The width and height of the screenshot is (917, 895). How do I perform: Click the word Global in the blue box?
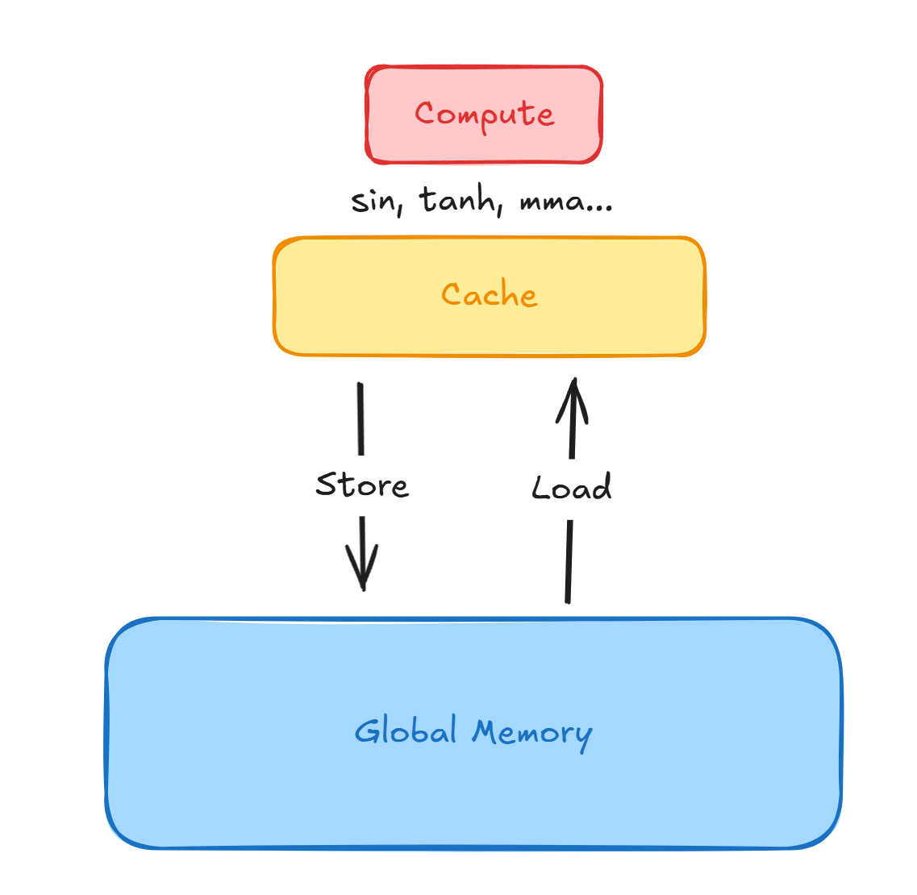tap(406, 731)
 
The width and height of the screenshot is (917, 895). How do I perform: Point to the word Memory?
tap(532, 733)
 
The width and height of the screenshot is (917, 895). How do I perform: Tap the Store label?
tap(362, 485)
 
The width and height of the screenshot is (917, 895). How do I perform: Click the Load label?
tap(572, 488)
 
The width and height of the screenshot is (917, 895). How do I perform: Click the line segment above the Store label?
tap(361, 418)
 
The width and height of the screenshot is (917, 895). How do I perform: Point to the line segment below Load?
tap(569, 561)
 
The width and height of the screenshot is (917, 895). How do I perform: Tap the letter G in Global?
tap(367, 731)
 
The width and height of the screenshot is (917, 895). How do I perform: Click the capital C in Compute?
tap(424, 113)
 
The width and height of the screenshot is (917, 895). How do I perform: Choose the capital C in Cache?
tap(452, 294)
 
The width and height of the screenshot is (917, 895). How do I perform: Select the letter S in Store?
tap(327, 485)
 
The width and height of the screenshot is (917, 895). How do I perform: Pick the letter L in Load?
tap(540, 488)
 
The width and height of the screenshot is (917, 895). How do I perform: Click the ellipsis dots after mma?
tap(599, 206)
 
